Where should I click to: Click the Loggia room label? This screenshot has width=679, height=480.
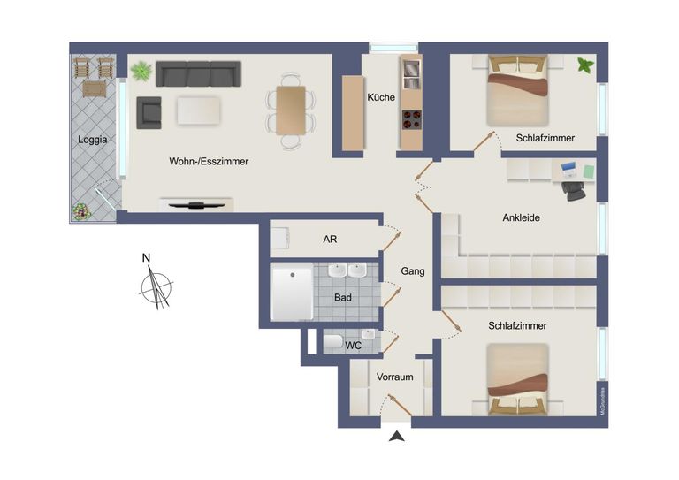tap(92, 140)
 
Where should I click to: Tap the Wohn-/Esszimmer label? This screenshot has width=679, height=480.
tap(209, 162)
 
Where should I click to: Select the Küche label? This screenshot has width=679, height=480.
tap(381, 97)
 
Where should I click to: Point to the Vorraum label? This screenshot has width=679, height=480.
tap(394, 377)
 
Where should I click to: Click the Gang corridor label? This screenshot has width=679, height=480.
tap(413, 271)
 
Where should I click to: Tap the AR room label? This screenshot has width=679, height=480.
tap(330, 240)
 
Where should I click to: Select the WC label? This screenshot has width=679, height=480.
tap(354, 346)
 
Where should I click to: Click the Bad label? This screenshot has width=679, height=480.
tap(343, 298)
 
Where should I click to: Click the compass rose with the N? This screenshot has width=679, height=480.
tap(156, 287)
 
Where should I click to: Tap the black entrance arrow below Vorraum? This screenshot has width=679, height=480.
tap(397, 436)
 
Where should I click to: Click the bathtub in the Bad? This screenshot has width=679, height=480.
tap(291, 294)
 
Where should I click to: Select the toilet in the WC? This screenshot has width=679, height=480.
tap(333, 342)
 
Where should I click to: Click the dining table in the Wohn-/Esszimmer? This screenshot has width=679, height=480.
tap(291, 110)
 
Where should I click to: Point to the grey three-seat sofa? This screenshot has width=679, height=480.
tap(198, 74)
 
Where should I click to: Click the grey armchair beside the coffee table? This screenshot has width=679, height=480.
tap(149, 111)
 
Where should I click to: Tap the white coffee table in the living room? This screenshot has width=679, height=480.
tap(206, 110)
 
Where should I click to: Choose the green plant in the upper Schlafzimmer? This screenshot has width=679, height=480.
tap(584, 65)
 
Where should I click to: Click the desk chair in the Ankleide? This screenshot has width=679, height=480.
tap(575, 187)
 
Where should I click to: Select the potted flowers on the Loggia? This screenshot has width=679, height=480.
tap(81, 212)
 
